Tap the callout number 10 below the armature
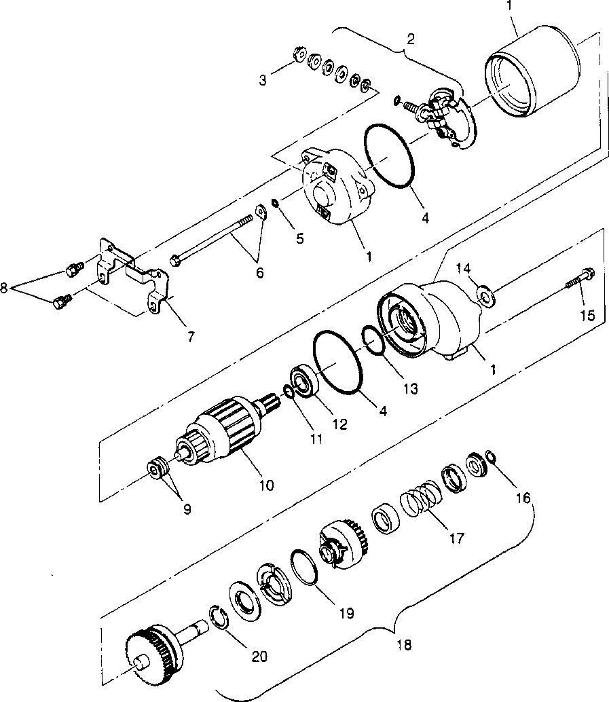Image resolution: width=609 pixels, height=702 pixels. pyautogui.click(x=265, y=485)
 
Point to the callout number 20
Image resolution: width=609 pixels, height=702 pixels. pyautogui.click(x=259, y=656)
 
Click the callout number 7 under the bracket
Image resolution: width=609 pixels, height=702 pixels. pyautogui.click(x=190, y=335)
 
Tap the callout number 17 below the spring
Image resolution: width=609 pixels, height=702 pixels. pyautogui.click(x=456, y=538)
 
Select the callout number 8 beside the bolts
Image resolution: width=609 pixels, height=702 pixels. pyautogui.click(x=5, y=288)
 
